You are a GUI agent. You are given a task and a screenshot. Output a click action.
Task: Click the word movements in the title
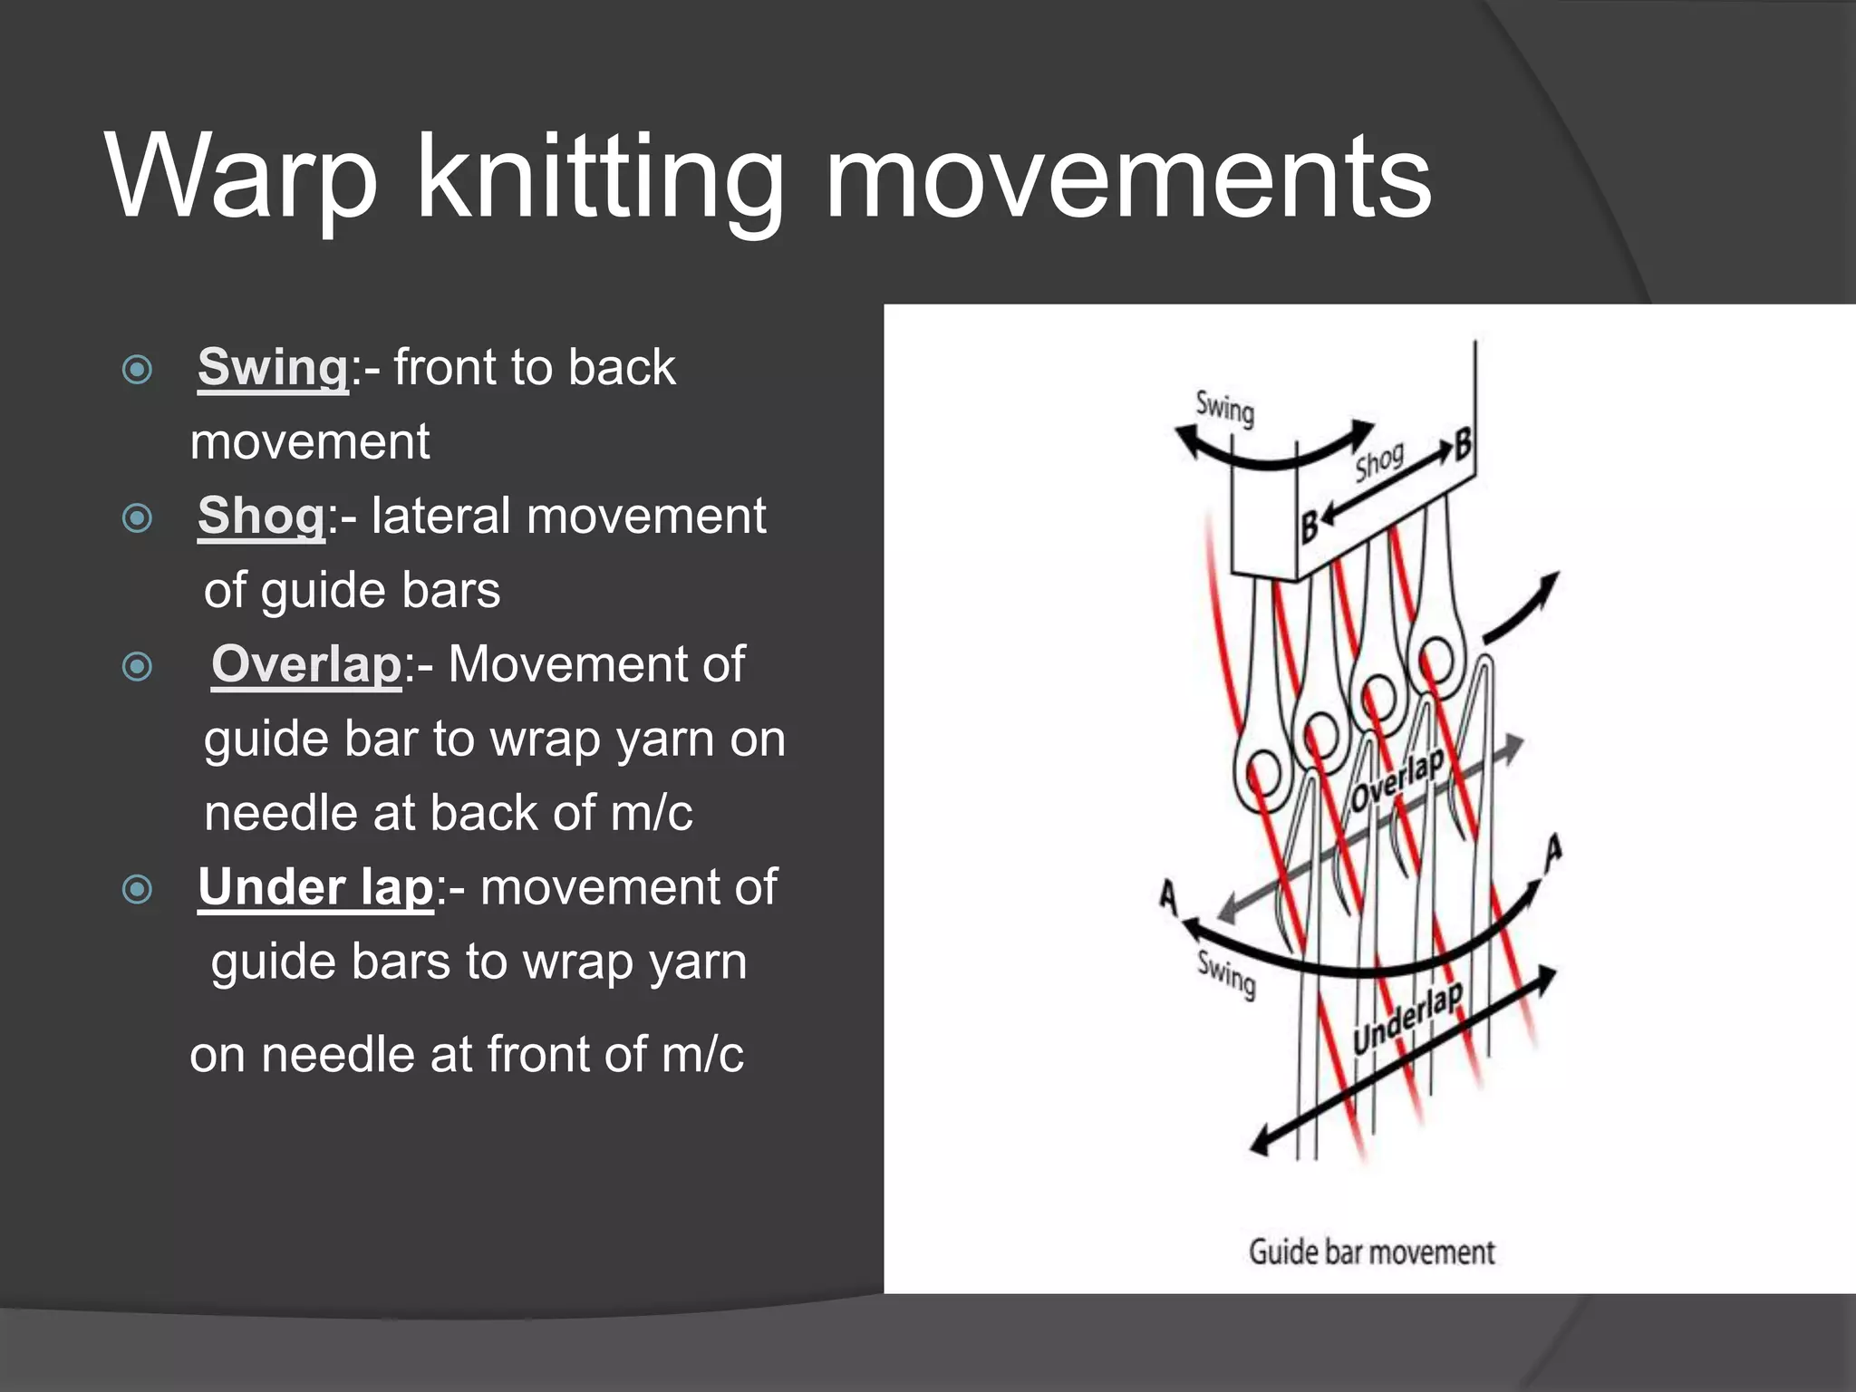pos(1128,177)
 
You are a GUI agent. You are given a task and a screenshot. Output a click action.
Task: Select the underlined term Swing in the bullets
pos(273,368)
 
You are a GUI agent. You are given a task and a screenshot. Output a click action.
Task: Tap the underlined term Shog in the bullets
pos(261,517)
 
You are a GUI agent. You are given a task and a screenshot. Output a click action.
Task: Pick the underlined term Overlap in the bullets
pos(306,664)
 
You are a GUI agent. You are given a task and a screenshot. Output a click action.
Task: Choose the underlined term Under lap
pos(315,887)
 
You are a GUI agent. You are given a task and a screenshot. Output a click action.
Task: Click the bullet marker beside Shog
pos(137,518)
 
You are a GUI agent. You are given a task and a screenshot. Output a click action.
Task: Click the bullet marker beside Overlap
pos(137,667)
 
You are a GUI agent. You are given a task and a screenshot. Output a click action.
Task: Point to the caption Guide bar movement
pos(1371,1252)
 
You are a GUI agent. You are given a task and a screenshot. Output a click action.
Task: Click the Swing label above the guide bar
pos(1224,409)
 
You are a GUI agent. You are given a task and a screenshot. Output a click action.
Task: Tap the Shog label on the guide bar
pos(1379,463)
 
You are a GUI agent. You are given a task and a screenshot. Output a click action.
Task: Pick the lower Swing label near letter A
pos(1226,975)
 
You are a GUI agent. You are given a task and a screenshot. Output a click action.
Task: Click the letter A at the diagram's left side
pos(1169,896)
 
